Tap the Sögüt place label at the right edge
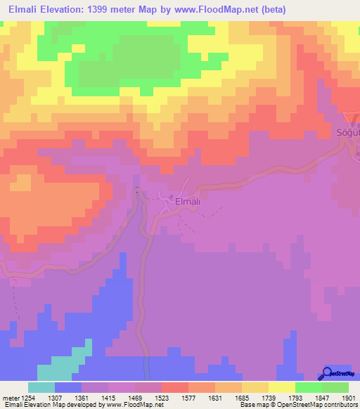(x=345, y=133)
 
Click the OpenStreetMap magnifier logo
(x=327, y=373)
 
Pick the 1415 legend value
(x=108, y=397)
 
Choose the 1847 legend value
(x=307, y=397)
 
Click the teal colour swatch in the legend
(x=41, y=387)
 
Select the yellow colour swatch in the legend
(x=281, y=387)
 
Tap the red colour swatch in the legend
(x=174, y=387)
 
